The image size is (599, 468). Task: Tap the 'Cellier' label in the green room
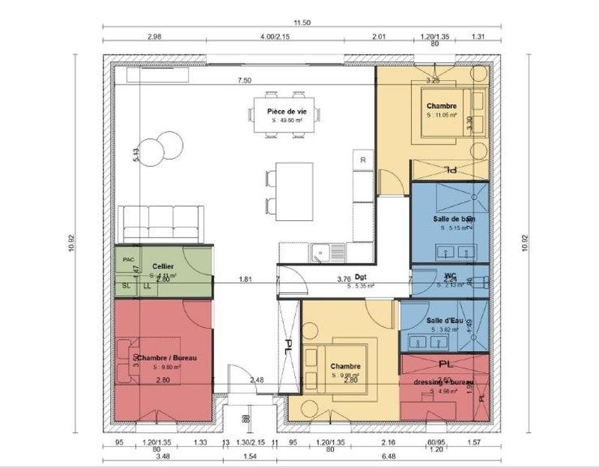(x=163, y=267)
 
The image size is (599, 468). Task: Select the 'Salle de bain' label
(x=453, y=219)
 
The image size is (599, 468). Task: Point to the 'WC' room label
(x=450, y=275)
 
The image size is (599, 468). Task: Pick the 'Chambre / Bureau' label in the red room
(x=166, y=358)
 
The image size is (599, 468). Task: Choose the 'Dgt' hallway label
(x=360, y=276)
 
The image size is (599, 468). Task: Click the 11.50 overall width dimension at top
(x=302, y=23)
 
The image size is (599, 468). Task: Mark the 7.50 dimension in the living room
(x=244, y=80)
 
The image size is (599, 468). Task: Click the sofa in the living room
(x=164, y=222)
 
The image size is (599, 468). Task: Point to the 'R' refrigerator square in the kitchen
(x=362, y=160)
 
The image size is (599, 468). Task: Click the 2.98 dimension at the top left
(x=155, y=36)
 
